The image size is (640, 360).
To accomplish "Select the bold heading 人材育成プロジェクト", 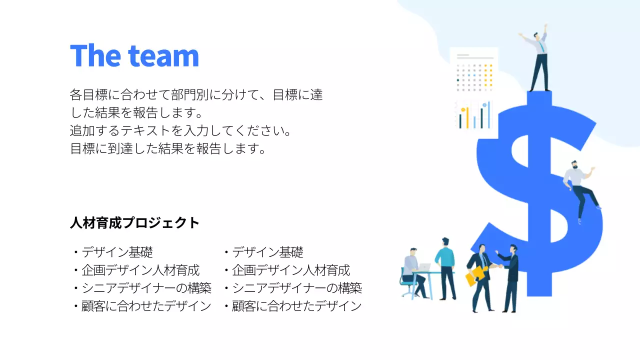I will (x=134, y=223).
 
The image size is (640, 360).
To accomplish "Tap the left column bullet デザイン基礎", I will (x=117, y=252).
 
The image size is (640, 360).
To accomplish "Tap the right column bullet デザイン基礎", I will (x=267, y=252).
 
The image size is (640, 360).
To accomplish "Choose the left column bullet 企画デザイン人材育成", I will (x=140, y=270).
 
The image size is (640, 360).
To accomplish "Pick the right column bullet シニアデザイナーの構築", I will (x=297, y=288).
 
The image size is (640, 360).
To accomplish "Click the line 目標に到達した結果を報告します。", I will (x=168, y=149).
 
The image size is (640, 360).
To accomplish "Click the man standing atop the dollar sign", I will (x=538, y=60).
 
